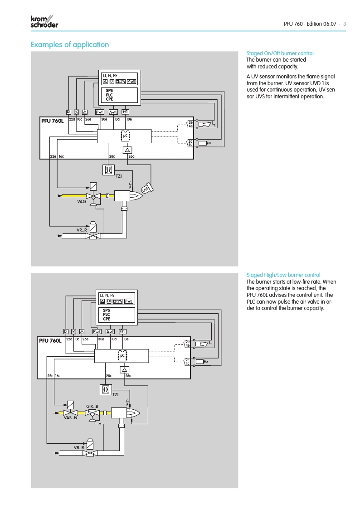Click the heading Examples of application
[69, 44]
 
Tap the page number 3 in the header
[344, 24]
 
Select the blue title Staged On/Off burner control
[280, 53]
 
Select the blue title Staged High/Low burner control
[283, 275]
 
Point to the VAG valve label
[82, 202]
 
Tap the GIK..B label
[92, 406]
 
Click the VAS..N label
[70, 418]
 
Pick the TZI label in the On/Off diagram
[119, 176]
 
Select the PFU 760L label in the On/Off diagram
[54, 120]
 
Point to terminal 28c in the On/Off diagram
[112, 156]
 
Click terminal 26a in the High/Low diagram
[128, 376]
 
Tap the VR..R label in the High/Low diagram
[79, 447]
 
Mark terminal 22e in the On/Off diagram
[53, 156]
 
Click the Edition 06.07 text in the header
[321, 24]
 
